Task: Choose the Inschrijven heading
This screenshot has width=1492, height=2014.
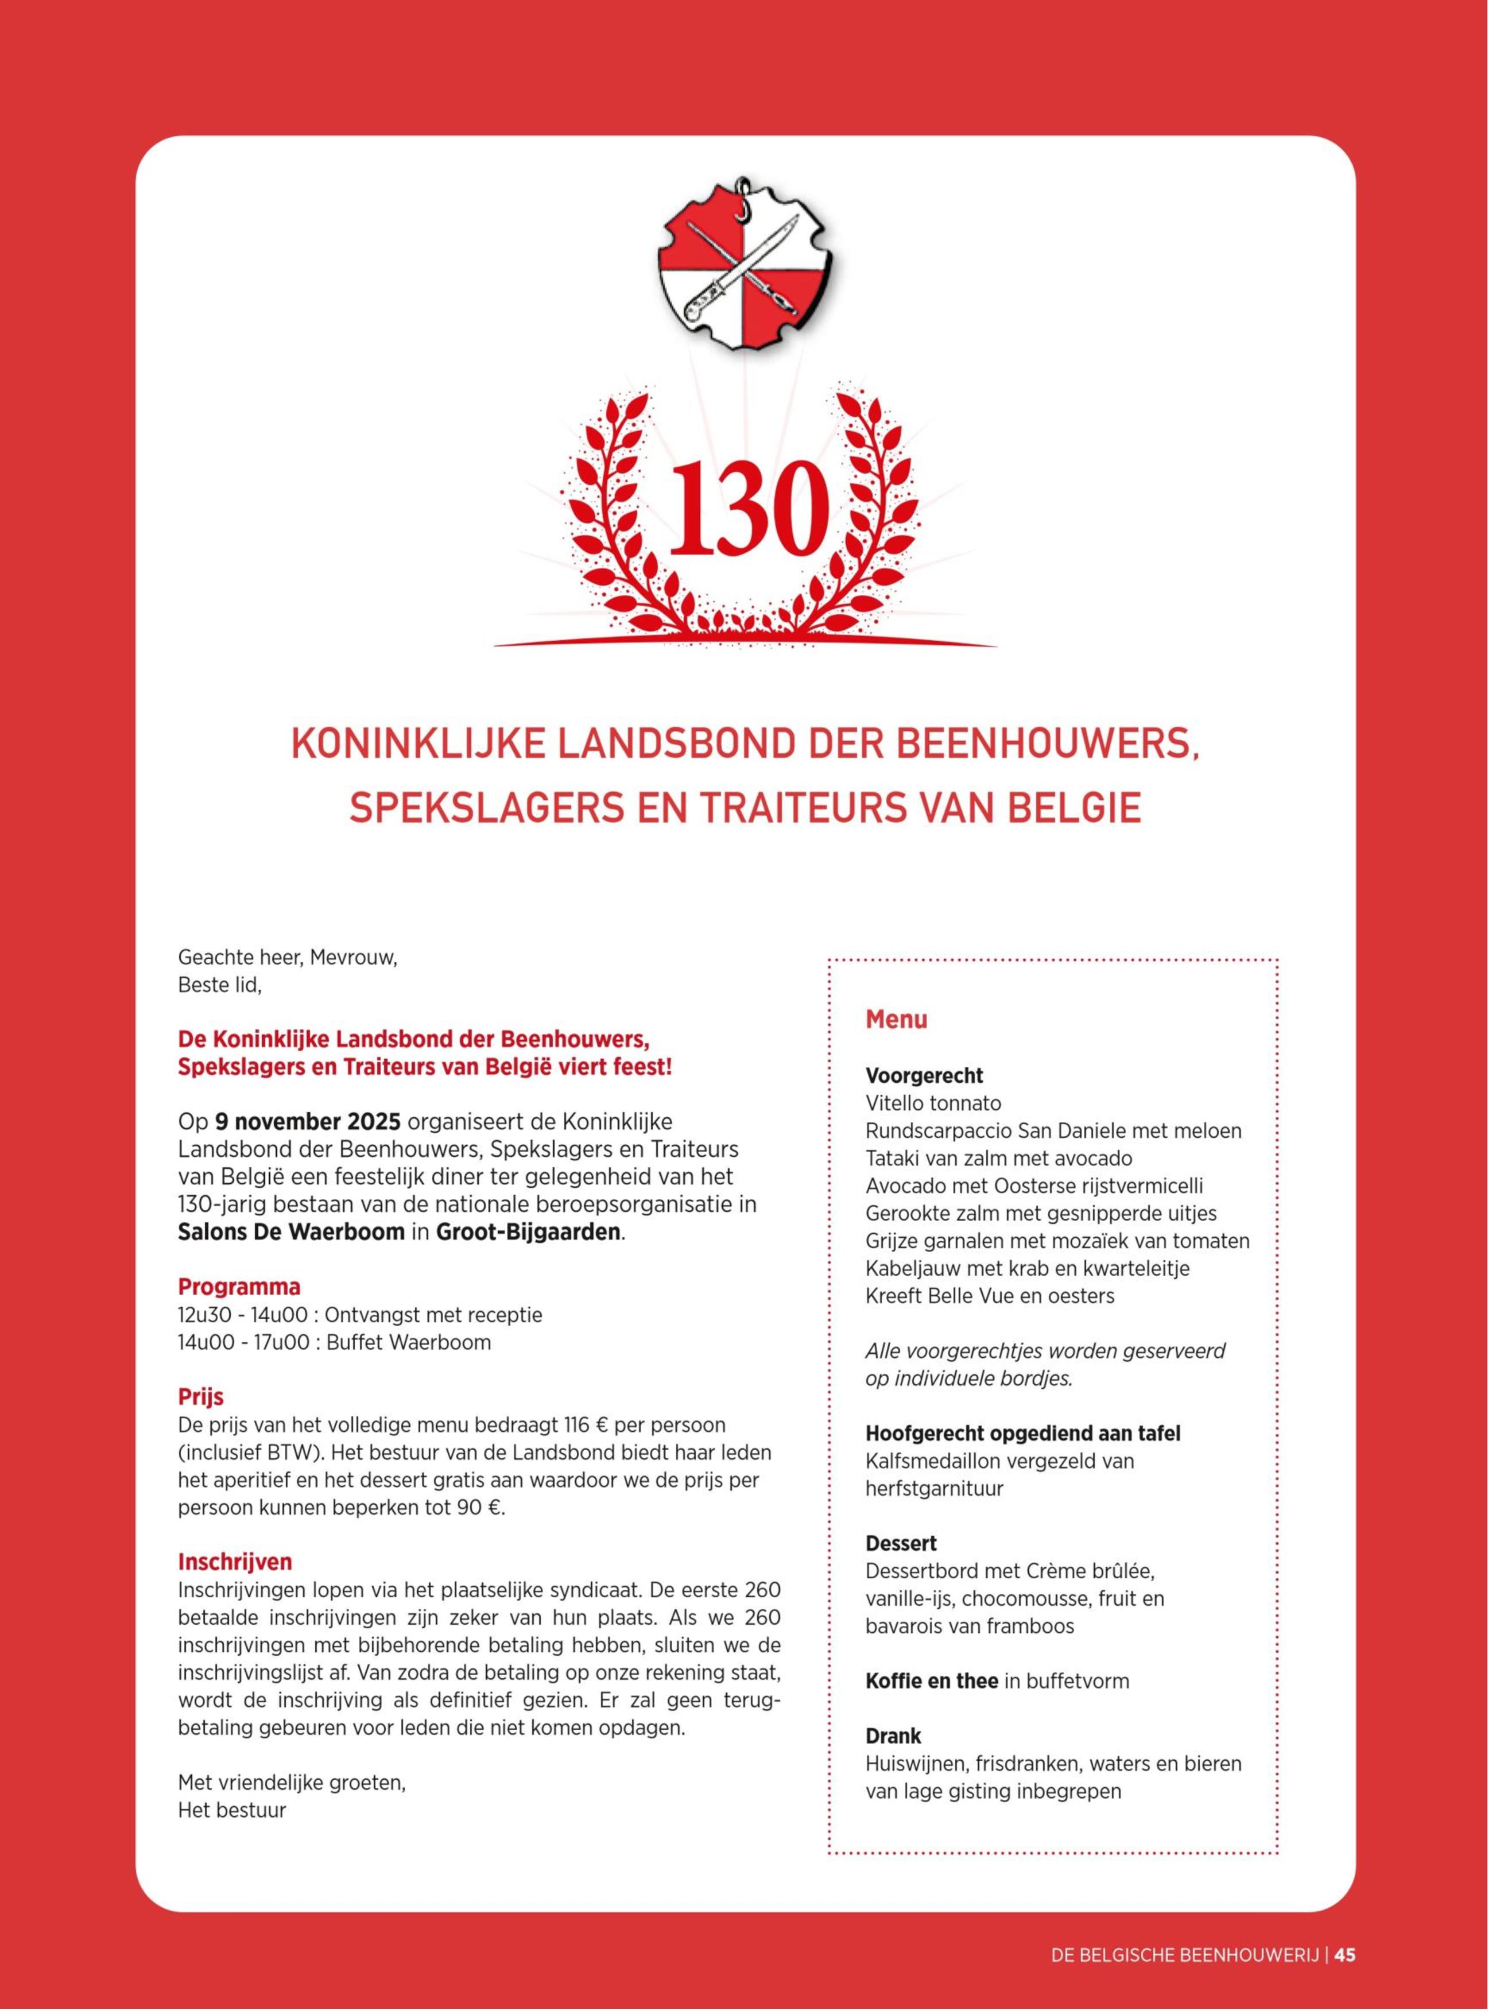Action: tap(235, 1562)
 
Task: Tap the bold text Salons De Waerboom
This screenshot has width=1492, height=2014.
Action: tap(291, 1232)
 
